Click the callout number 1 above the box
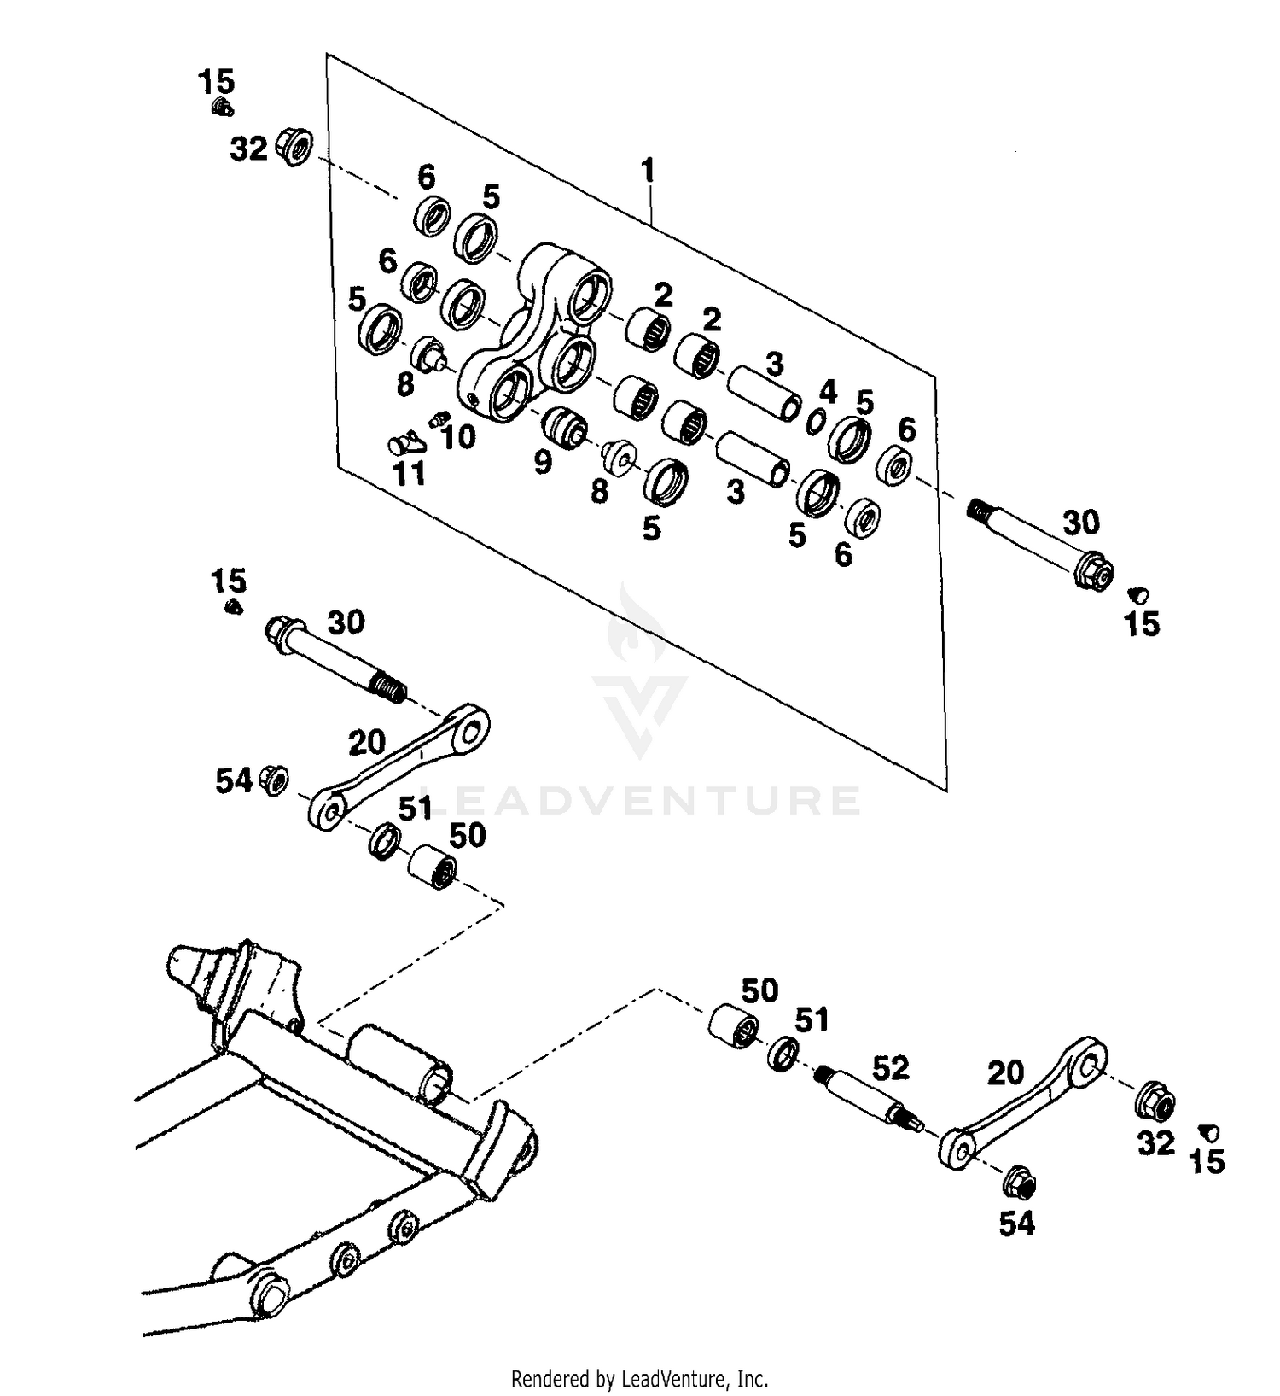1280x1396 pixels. (649, 171)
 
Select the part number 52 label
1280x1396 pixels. (890, 1068)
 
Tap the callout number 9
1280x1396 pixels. (543, 463)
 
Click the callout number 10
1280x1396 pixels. (458, 437)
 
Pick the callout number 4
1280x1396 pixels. (828, 392)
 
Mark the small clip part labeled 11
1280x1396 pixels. (404, 444)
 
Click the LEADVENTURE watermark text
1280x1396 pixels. (640, 801)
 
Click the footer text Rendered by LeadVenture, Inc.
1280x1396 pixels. (639, 1377)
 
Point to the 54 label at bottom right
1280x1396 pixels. (1016, 1224)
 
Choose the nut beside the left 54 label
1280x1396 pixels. (276, 780)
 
